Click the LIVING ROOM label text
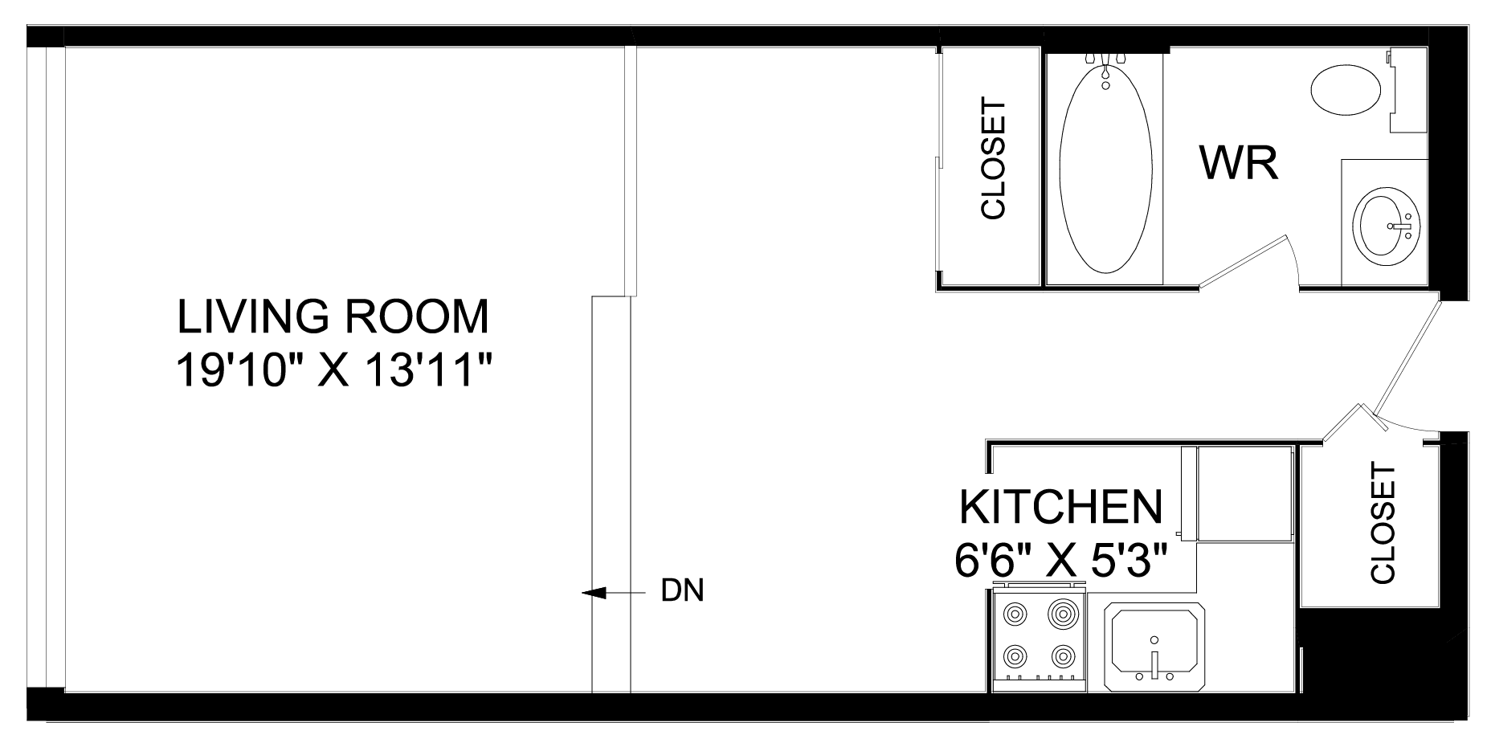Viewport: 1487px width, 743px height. (x=333, y=316)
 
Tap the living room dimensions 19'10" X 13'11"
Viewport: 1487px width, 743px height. (x=333, y=371)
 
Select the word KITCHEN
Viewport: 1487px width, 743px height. (x=1061, y=507)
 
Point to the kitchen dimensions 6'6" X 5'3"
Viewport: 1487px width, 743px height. (x=1060, y=558)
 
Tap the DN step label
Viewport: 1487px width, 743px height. (x=681, y=591)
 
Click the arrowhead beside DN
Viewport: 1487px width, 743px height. (x=593, y=593)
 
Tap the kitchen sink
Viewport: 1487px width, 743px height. (x=1154, y=648)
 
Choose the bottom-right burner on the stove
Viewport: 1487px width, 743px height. (x=1063, y=655)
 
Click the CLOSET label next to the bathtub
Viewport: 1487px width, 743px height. (x=994, y=159)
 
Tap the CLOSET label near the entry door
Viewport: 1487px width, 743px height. (x=1383, y=522)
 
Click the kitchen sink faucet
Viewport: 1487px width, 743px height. (x=1154, y=664)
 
